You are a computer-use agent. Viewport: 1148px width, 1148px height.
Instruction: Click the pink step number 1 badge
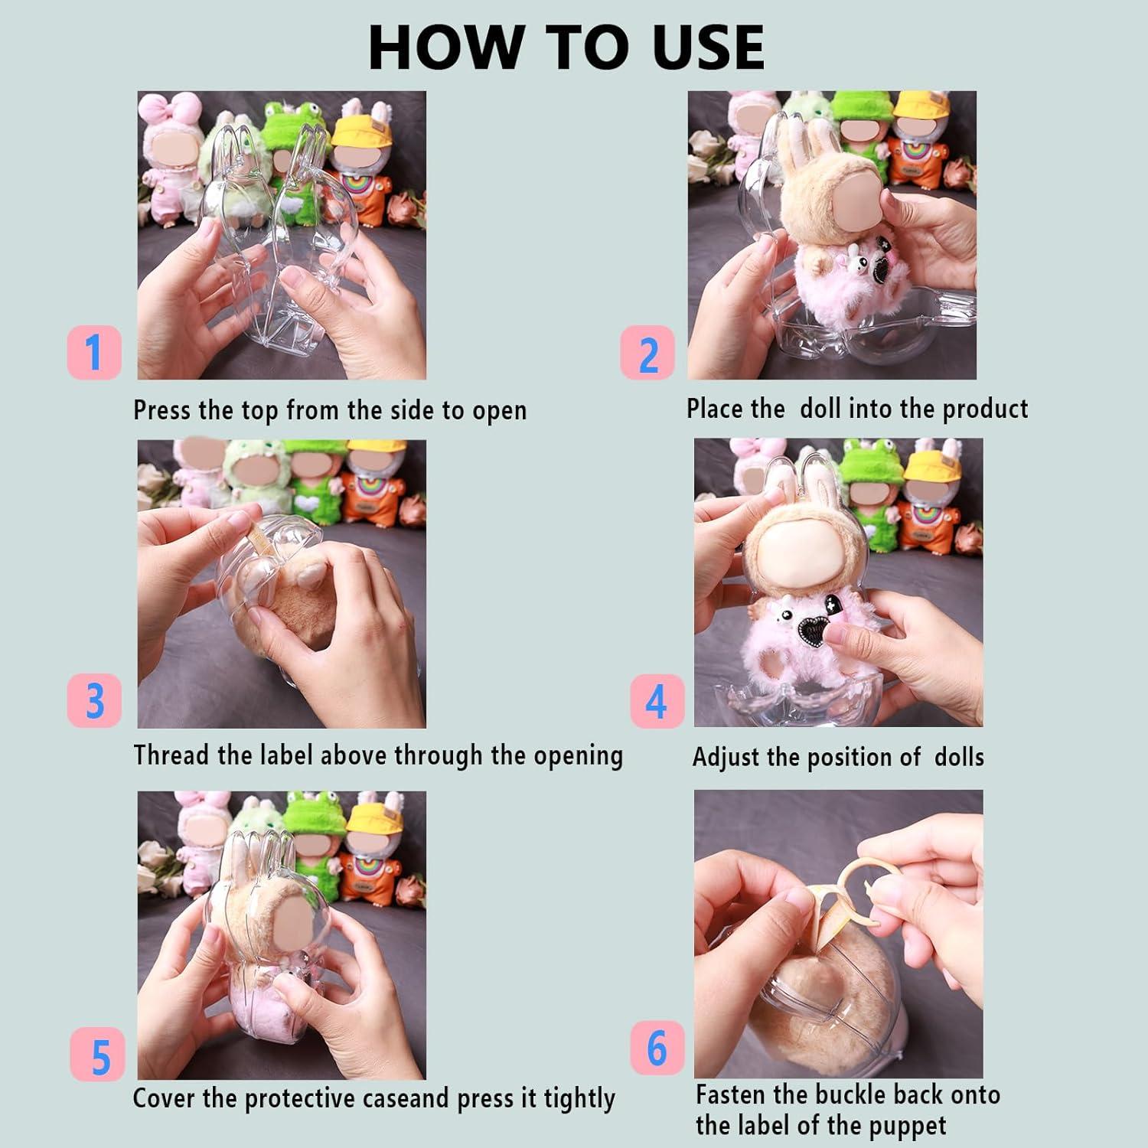[94, 352]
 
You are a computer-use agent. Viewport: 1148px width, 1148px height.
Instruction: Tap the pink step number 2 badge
[647, 353]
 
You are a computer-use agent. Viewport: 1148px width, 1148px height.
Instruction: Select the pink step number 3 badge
[94, 700]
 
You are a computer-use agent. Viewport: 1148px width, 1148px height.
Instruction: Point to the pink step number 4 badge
[657, 700]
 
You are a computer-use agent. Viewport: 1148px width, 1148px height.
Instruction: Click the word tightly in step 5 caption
[579, 1100]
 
